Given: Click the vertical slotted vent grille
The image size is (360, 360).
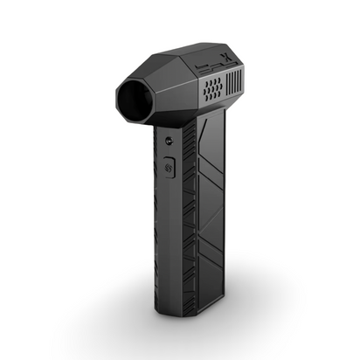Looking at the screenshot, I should point(232,84).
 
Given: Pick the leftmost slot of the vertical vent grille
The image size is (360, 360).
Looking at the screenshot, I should point(227,85).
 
